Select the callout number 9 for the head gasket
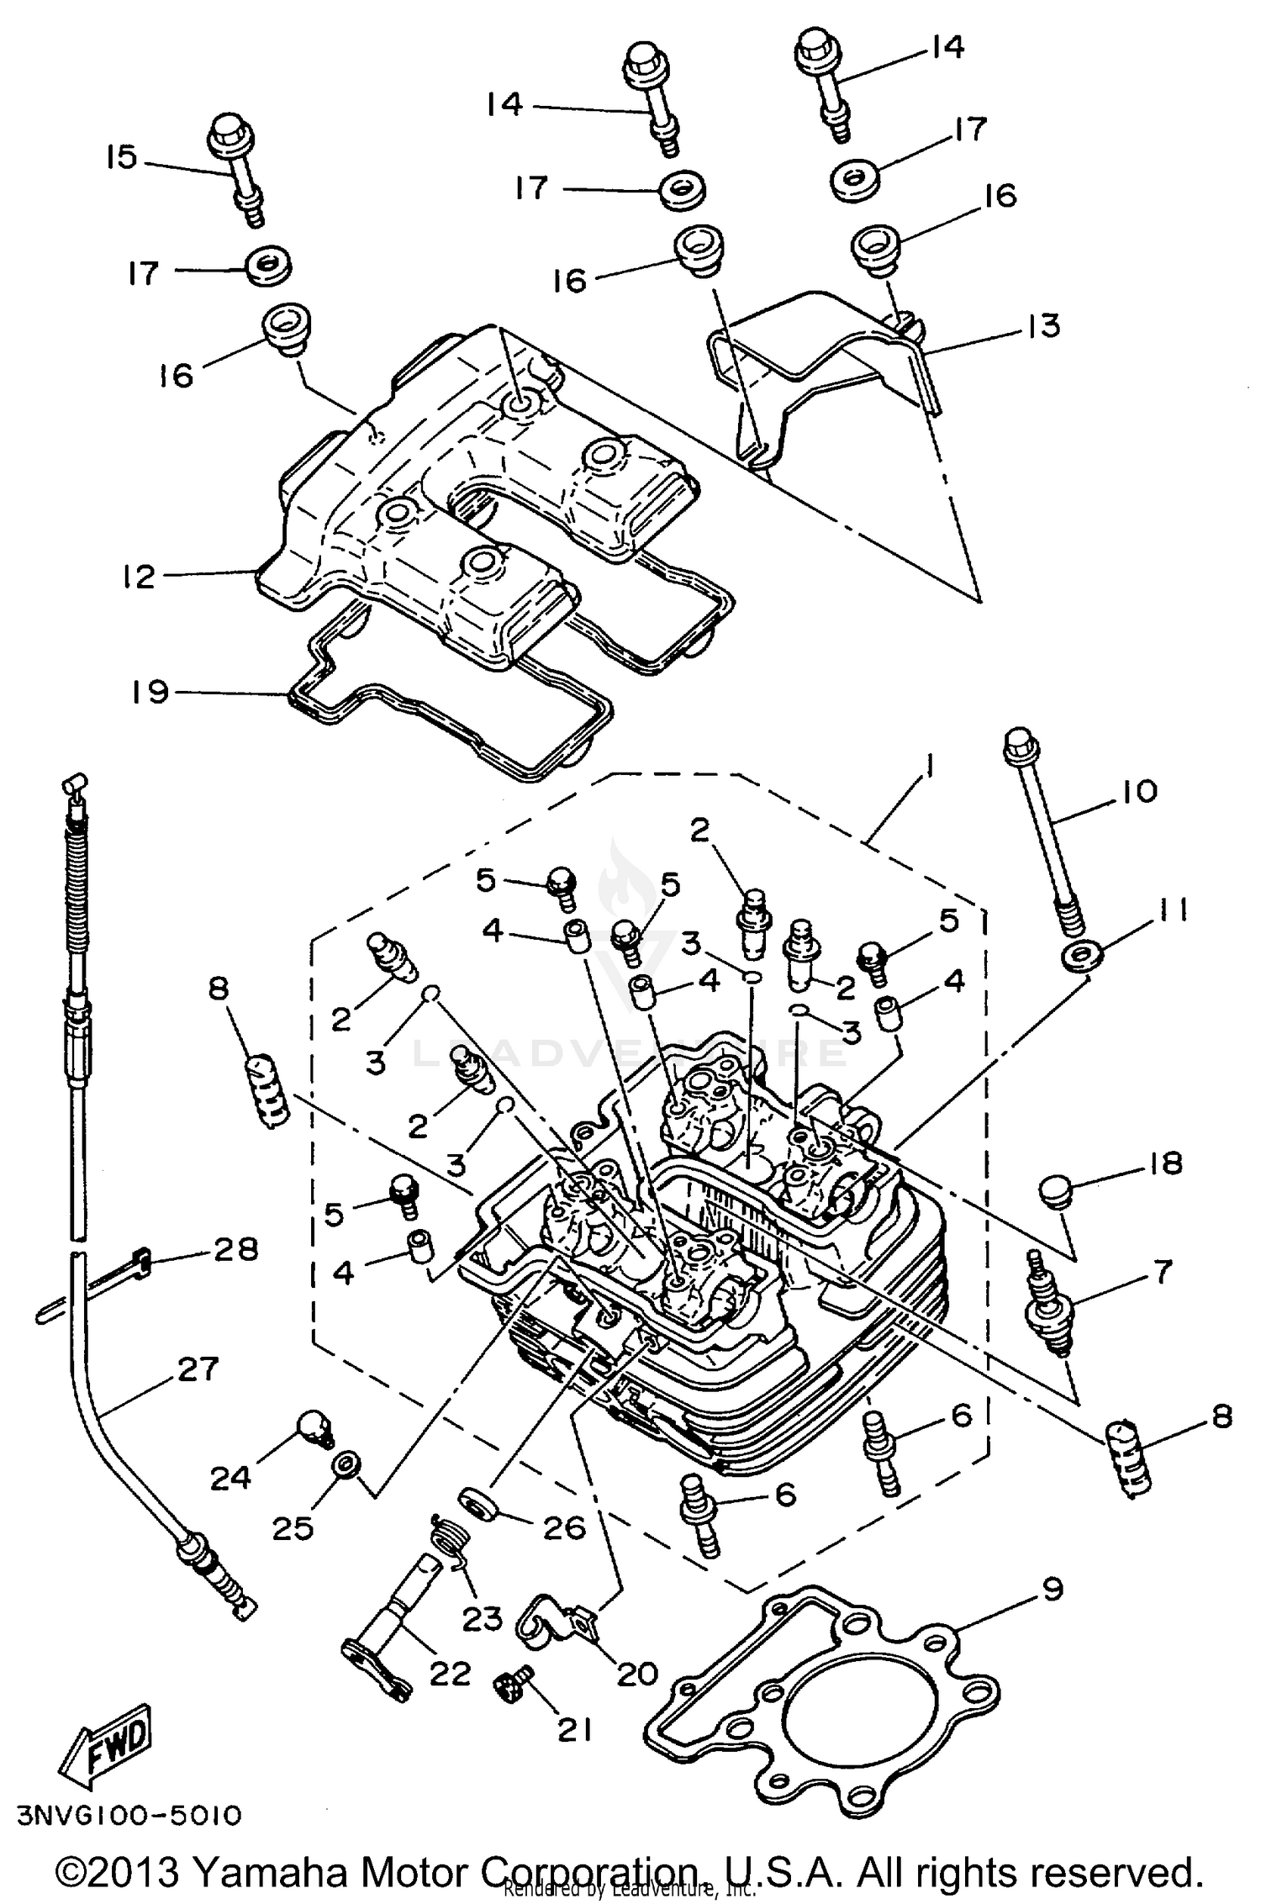coord(1052,1589)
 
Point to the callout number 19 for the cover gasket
coord(150,692)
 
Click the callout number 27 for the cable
coord(198,1369)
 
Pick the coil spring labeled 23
coord(446,1542)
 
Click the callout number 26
coord(563,1527)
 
